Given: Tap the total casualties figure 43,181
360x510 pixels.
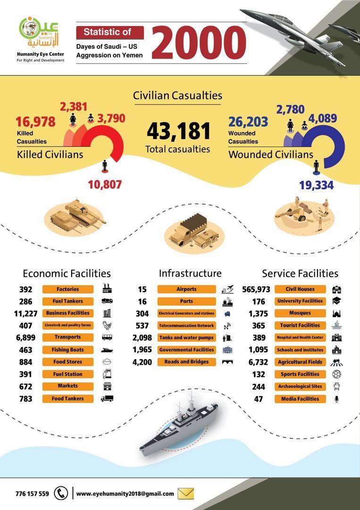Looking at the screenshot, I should (x=177, y=132).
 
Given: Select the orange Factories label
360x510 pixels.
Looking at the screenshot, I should (x=67, y=289).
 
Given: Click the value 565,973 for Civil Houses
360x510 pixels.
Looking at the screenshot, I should (x=256, y=289).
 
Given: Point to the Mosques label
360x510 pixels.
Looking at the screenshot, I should (x=300, y=313).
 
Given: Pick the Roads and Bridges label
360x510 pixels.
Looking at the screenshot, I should (x=186, y=362).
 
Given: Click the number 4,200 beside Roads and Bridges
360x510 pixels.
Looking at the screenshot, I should (x=142, y=362).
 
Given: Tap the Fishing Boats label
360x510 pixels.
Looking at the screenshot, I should (x=67, y=350).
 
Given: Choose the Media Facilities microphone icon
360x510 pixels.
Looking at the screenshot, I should (x=336, y=399).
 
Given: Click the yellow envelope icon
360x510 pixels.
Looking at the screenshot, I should (x=186, y=493).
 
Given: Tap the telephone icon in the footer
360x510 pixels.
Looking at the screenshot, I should (x=61, y=493).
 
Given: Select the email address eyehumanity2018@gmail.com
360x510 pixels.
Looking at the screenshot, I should (x=125, y=494).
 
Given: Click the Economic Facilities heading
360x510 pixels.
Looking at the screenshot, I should (x=67, y=273).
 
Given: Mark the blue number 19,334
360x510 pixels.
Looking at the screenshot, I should (x=316, y=185).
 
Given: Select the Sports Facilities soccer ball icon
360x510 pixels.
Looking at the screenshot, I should (x=336, y=374).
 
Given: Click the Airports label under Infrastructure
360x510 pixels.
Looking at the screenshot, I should (x=186, y=289).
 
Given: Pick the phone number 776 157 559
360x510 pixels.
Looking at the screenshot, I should (x=32, y=494).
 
